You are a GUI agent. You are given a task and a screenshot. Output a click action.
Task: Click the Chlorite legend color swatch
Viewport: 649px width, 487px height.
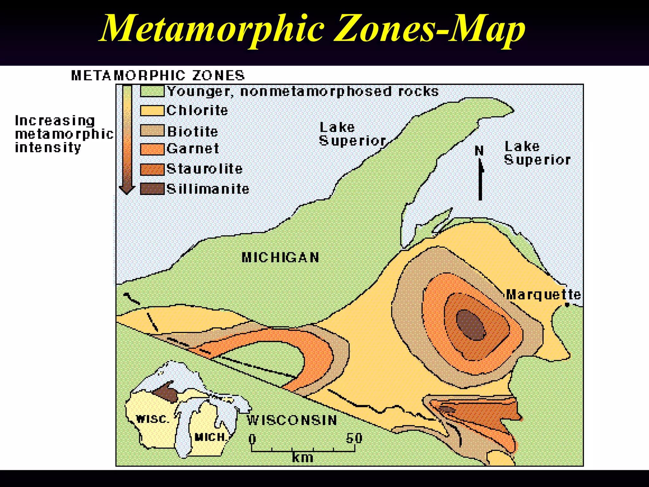point(152,111)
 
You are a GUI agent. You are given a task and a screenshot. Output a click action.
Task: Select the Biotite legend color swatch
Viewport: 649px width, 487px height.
point(152,131)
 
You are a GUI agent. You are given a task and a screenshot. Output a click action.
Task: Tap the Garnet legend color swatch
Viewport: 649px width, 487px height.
point(152,149)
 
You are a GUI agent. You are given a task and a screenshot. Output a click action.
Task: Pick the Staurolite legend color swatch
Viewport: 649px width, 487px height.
point(152,169)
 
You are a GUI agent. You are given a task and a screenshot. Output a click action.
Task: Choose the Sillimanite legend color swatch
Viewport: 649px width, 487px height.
point(152,189)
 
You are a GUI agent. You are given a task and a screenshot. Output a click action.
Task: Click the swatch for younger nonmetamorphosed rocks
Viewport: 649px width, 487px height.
point(152,92)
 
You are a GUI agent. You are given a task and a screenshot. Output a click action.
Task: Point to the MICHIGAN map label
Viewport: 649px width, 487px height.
point(280,257)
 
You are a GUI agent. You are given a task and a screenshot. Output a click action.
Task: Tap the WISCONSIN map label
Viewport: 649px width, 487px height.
point(292,420)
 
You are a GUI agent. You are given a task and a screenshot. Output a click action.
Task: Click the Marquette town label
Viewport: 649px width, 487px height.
point(543,295)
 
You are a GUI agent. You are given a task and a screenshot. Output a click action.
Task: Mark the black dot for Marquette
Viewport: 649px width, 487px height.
point(567,305)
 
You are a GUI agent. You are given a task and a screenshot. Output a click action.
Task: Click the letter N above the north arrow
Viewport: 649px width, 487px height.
point(479,151)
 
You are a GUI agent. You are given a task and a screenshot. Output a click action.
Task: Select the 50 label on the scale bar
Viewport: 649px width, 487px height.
point(354,438)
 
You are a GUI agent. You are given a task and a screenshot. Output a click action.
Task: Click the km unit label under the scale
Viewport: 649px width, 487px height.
point(303,458)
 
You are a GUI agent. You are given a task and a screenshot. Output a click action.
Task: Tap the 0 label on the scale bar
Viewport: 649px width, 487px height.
point(252,439)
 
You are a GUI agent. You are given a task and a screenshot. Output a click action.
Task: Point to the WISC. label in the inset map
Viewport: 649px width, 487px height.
point(152,419)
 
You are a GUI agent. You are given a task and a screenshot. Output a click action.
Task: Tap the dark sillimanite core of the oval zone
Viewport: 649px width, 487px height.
point(471,325)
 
